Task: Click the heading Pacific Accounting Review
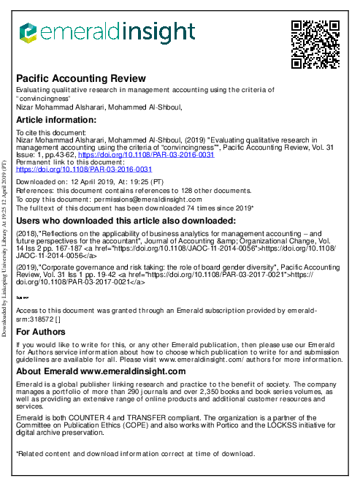[80, 78]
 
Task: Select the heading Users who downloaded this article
[125, 221]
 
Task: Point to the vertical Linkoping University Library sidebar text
[6, 248]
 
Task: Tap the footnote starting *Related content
[135, 453]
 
